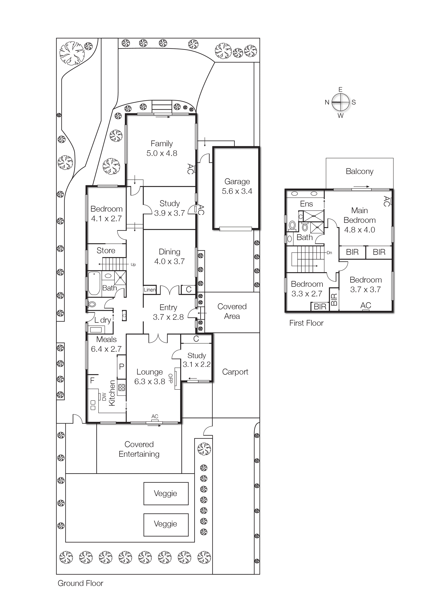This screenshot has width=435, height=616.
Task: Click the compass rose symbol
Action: (x=340, y=102)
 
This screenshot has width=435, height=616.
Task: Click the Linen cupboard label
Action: (x=149, y=290)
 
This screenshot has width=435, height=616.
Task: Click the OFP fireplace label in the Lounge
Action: (x=170, y=378)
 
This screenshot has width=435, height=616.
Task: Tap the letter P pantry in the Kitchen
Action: (x=121, y=366)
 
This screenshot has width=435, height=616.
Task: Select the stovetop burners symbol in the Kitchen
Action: (x=121, y=387)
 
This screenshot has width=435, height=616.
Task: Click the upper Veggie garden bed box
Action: (x=166, y=493)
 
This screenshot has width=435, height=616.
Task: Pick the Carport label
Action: (x=235, y=372)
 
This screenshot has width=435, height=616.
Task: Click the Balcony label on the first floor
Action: (x=359, y=171)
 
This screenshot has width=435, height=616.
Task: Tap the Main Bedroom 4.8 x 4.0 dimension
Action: (x=359, y=230)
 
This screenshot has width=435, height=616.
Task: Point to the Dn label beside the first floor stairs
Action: (x=329, y=253)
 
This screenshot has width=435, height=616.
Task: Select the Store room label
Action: (x=106, y=251)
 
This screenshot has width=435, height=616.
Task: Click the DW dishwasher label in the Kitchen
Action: (x=104, y=397)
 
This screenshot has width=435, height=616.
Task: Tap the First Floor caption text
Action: (x=306, y=323)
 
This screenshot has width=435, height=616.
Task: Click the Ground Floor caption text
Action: (x=80, y=583)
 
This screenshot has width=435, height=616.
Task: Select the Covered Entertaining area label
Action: (x=139, y=449)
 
